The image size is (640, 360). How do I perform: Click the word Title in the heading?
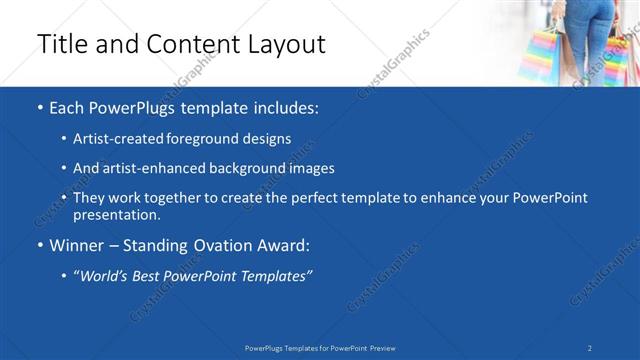[x=59, y=45]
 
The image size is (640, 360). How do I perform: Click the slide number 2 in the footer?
[x=590, y=348]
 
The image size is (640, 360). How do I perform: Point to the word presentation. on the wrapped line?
[x=116, y=214]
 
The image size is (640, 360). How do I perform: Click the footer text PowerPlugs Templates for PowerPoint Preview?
[x=320, y=348]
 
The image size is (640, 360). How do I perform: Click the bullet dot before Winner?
[x=38, y=245]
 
